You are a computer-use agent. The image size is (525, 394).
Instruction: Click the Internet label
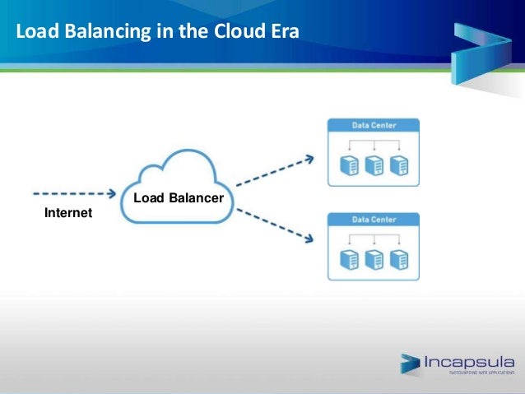(67, 214)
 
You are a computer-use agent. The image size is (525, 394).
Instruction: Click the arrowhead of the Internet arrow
(109, 194)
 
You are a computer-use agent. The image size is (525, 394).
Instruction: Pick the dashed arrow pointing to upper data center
(276, 171)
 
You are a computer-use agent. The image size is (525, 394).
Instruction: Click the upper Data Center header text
(374, 126)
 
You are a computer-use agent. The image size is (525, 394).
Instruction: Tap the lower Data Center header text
(374, 220)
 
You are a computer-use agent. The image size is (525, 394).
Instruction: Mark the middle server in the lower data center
(374, 260)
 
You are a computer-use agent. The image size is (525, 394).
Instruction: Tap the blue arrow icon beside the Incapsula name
(411, 364)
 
